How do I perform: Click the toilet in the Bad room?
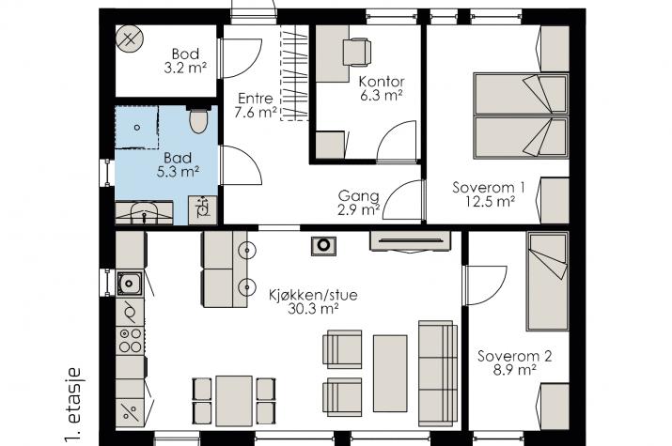(197, 121)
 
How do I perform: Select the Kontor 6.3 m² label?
(381, 87)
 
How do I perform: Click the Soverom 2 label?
(507, 362)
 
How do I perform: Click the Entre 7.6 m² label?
(256, 105)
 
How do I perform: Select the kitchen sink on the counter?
(130, 281)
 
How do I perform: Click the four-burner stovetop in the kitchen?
(130, 340)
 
